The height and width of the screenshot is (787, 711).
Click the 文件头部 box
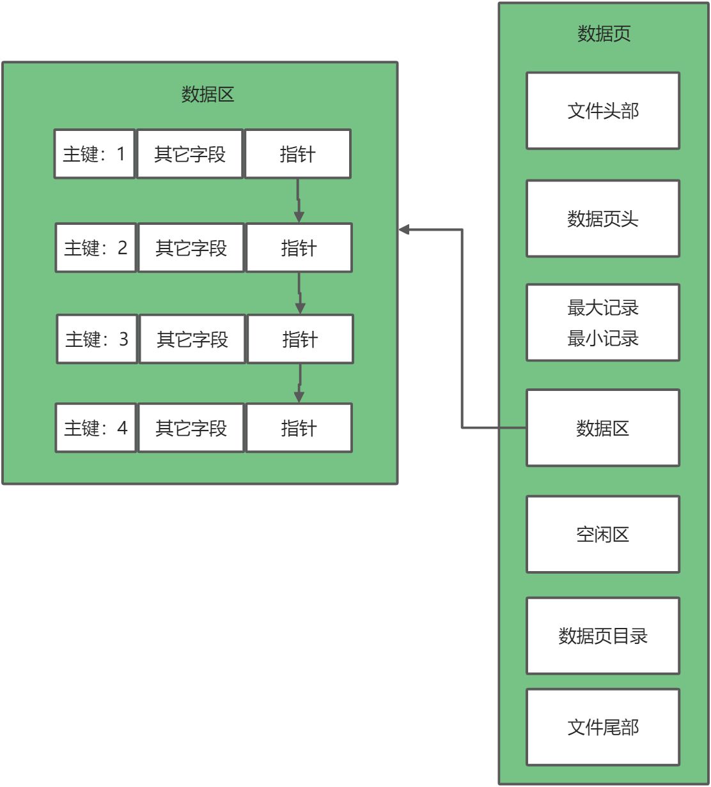click(x=602, y=111)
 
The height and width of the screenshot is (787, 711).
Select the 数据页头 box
click(x=602, y=218)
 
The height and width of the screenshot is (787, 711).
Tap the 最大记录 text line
click(x=602, y=308)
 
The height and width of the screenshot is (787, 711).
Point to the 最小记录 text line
click(x=602, y=338)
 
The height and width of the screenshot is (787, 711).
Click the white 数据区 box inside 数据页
click(x=602, y=427)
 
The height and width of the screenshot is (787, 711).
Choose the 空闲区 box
click(x=602, y=534)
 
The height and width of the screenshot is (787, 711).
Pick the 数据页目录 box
click(x=602, y=636)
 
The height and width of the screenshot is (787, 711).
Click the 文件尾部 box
click(x=602, y=727)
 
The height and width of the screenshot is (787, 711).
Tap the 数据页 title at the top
click(x=604, y=33)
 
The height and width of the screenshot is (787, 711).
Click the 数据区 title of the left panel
click(x=208, y=95)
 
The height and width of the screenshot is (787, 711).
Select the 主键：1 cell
click(x=95, y=154)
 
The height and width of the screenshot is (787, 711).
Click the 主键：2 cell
click(x=96, y=248)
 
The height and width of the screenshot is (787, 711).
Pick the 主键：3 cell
click(x=97, y=339)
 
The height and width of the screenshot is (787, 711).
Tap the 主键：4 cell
click(x=96, y=428)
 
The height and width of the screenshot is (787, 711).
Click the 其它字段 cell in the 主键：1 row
click(x=190, y=154)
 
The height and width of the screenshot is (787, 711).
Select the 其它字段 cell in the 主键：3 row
click(x=192, y=339)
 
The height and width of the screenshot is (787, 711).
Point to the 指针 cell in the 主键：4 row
click(x=299, y=428)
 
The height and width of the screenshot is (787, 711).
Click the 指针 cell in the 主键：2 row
click(x=299, y=248)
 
